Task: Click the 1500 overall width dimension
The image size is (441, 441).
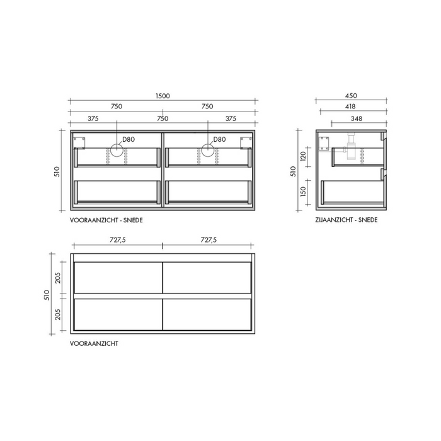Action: pyautogui.click(x=163, y=96)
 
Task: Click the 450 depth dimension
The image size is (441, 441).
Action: pyautogui.click(x=351, y=96)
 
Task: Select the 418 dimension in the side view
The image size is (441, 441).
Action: pyautogui.click(x=350, y=106)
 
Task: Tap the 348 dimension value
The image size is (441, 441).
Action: pyautogui.click(x=357, y=118)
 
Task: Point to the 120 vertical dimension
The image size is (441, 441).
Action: pyautogui.click(x=303, y=156)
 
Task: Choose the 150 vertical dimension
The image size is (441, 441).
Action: pyautogui.click(x=303, y=192)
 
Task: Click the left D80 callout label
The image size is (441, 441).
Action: pyautogui.click(x=129, y=139)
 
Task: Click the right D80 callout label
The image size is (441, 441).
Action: pyautogui.click(x=219, y=139)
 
